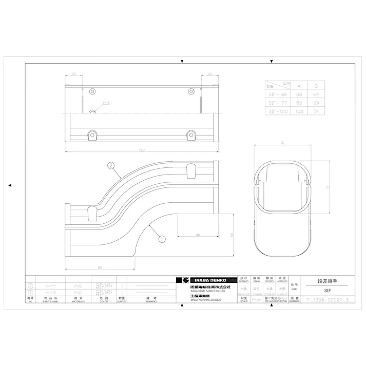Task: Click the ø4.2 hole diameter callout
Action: pyautogui.click(x=107, y=103)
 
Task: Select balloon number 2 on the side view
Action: pyautogui.click(x=110, y=165)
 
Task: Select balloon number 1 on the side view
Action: pyautogui.click(x=161, y=239)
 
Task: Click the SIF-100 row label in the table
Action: pyautogui.click(x=278, y=110)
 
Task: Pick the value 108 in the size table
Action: pyautogui.click(x=299, y=110)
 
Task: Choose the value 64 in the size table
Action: pyautogui.click(x=315, y=94)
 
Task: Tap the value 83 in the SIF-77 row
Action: pyautogui.click(x=299, y=102)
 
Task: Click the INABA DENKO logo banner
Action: pyautogui.click(x=204, y=280)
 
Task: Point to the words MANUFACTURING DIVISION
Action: pyautogui.click(x=199, y=299)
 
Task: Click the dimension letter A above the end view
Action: pyautogui.click(x=282, y=144)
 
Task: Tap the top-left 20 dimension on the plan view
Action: pyautogui.click(x=73, y=74)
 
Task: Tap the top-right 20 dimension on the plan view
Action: pyautogui.click(x=210, y=74)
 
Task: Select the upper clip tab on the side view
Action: pyautogui.click(x=191, y=169)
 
